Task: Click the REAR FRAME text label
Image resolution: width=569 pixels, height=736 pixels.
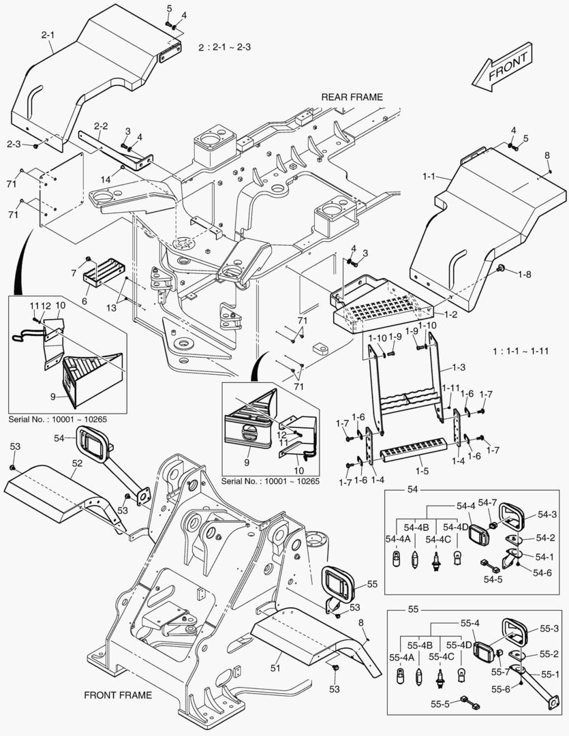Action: (x=352, y=97)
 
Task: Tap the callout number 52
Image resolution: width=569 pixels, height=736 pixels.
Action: (x=77, y=463)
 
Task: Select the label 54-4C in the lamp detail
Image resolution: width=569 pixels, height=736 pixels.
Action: (x=438, y=539)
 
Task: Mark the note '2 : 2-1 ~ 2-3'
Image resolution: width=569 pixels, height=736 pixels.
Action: (x=224, y=48)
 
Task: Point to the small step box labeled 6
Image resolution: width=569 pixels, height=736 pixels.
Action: (x=103, y=276)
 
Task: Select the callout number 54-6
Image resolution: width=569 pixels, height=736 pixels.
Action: (x=542, y=572)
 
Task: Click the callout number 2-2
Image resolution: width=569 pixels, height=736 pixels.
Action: (x=101, y=126)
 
